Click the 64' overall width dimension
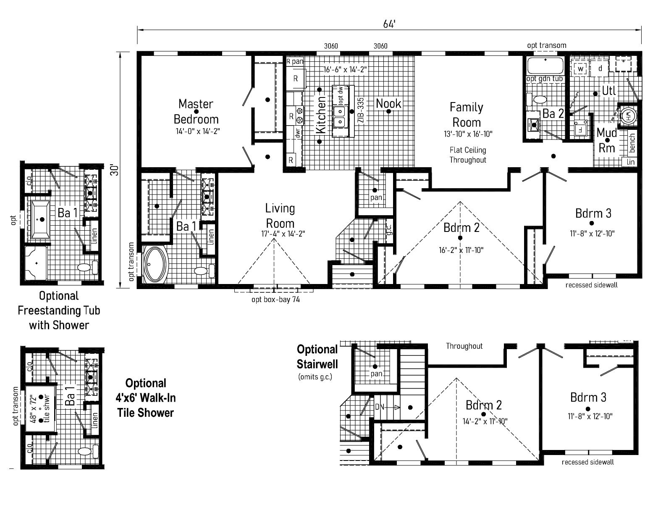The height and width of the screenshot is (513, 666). (389, 24)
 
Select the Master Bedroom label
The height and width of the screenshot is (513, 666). (196, 111)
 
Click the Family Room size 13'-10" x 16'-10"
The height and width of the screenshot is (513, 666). (468, 134)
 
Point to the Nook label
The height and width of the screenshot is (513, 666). (388, 103)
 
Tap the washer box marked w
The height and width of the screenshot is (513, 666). (580, 68)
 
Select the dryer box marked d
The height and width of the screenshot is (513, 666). (600, 68)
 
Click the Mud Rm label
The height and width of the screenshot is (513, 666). (607, 140)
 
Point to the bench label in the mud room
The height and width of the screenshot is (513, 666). (632, 143)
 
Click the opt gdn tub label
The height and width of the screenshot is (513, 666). (545, 79)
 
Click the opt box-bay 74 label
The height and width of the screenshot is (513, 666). (275, 300)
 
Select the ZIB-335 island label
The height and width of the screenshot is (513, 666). (360, 110)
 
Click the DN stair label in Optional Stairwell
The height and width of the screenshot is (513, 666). (380, 407)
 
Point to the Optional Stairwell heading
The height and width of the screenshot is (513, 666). (317, 356)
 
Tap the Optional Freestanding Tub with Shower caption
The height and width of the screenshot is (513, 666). (59, 310)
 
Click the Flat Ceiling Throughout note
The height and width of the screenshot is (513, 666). (468, 155)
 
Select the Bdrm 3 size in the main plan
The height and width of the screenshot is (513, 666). (592, 233)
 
